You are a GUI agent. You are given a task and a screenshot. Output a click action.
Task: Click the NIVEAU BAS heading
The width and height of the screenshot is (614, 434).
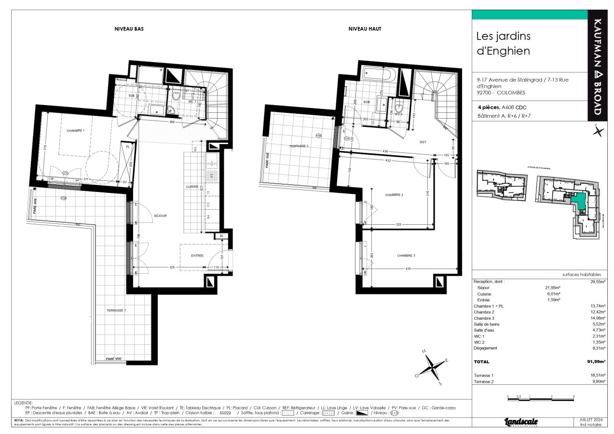tap(129, 29)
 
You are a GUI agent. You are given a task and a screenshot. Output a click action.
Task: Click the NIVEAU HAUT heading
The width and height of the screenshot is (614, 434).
tap(365, 29)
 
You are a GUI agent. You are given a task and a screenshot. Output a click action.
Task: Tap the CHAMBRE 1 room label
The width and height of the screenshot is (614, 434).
tap(75, 131)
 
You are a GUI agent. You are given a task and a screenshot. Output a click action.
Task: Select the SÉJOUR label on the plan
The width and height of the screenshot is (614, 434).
tap(160, 216)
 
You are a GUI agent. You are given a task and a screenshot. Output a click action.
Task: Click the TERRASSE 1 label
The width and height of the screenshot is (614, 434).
tap(116, 311)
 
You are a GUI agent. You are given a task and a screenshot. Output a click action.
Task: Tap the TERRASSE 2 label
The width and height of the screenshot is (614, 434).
tap(299, 146)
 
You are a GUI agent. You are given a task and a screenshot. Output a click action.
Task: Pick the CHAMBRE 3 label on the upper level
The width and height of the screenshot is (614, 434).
tap(406, 256)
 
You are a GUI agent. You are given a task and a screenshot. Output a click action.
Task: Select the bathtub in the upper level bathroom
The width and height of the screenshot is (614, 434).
tap(379, 75)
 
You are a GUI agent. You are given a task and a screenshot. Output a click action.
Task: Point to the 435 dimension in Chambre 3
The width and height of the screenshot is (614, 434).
tap(408, 269)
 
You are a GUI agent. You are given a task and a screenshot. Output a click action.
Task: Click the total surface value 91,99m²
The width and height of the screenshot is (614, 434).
tap(596, 362)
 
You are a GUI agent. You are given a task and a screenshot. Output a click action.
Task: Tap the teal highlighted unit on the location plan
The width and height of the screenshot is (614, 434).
tap(579, 201)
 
